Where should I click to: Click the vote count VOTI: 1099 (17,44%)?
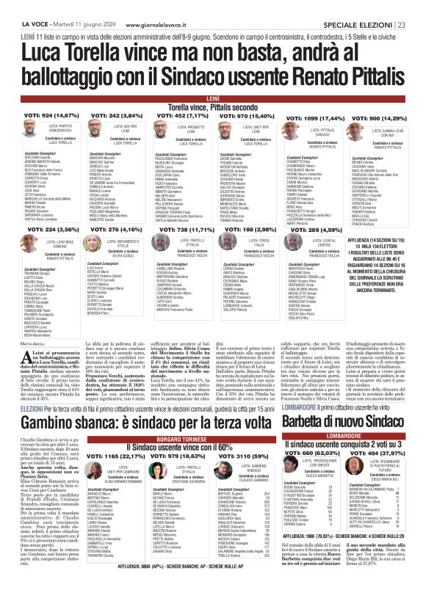(304, 118)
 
